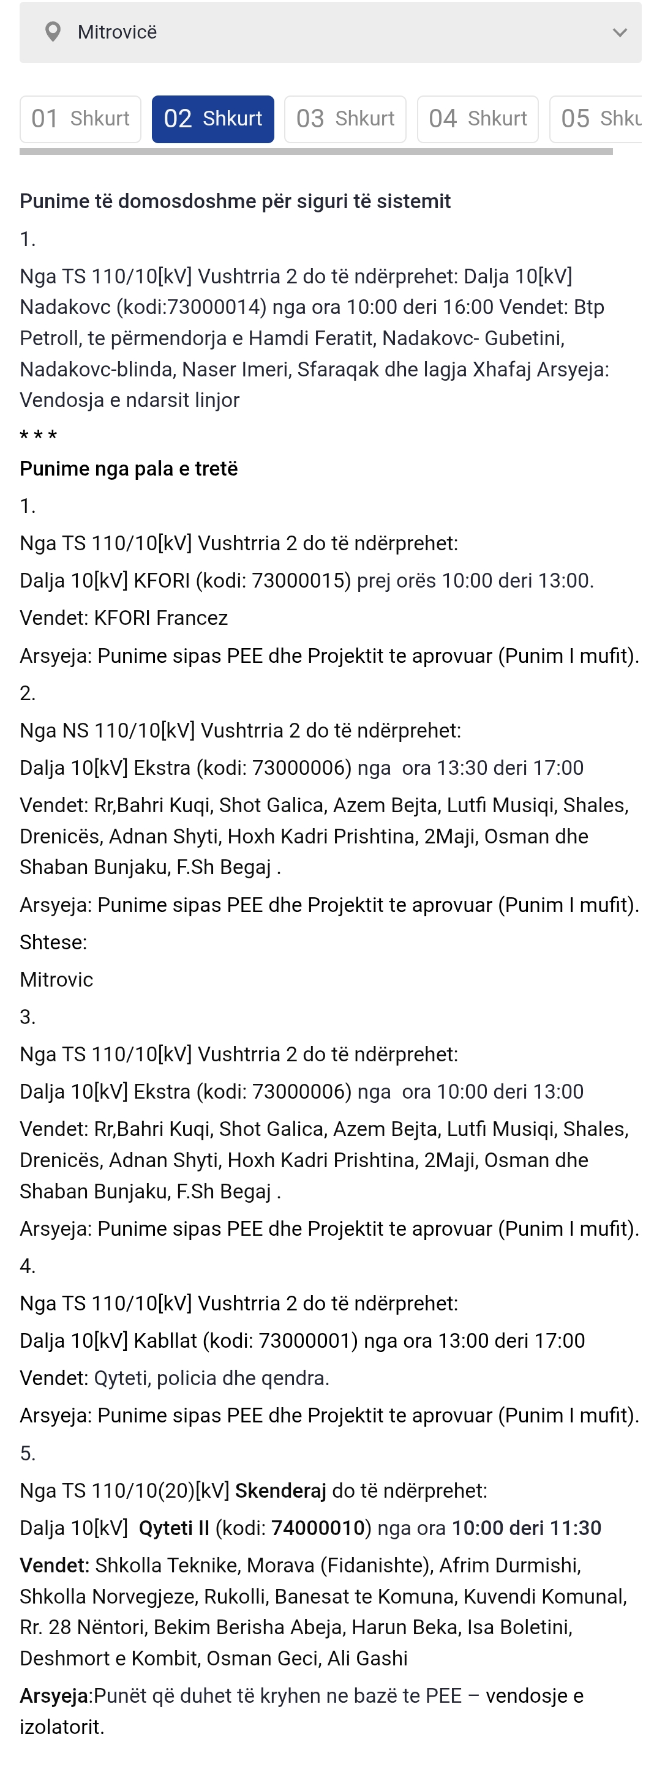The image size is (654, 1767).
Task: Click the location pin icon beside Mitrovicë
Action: tap(53, 32)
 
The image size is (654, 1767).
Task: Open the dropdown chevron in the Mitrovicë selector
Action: tap(619, 33)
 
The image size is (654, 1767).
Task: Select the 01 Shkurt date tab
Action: tap(80, 119)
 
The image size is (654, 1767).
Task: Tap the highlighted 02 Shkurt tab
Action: tap(212, 119)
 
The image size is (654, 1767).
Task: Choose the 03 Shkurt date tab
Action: tap(345, 119)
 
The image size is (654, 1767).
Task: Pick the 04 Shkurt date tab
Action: tap(478, 119)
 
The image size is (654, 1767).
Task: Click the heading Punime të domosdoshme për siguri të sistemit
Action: tap(235, 201)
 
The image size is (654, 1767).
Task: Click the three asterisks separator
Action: tap(39, 436)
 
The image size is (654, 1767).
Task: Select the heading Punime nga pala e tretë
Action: tap(129, 468)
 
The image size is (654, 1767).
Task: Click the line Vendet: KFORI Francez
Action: tap(124, 618)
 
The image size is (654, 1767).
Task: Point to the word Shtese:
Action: tap(53, 942)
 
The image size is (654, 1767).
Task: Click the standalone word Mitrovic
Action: tap(56, 979)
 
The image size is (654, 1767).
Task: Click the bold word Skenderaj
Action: tap(280, 1490)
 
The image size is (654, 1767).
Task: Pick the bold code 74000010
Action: tap(318, 1528)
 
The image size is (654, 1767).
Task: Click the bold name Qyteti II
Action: tap(174, 1528)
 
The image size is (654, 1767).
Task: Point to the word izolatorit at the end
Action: tap(61, 1727)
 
